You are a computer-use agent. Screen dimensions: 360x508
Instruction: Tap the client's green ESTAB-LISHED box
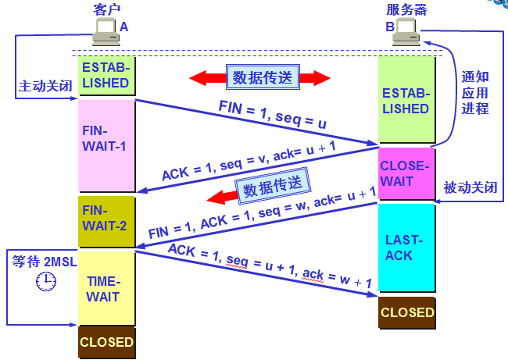pos(106,75)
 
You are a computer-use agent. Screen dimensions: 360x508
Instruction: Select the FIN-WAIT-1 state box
pos(106,145)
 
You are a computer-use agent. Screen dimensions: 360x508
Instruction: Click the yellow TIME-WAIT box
pos(106,287)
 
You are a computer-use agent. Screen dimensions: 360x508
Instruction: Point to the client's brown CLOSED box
pos(106,342)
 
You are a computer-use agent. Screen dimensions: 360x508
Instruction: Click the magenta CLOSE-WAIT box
pos(406,173)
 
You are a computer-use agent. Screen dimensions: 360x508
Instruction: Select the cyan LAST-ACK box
pos(406,248)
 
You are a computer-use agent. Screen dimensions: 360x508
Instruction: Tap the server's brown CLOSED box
pos(406,312)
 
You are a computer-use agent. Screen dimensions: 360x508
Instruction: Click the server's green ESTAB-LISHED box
pos(406,101)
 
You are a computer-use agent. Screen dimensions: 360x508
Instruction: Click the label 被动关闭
pos(469,187)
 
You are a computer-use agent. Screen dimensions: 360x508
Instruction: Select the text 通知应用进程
pos(474,92)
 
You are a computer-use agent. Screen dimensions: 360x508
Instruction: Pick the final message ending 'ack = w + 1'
pos(273,269)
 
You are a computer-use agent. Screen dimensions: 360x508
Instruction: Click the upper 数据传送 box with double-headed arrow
pos(261,77)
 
